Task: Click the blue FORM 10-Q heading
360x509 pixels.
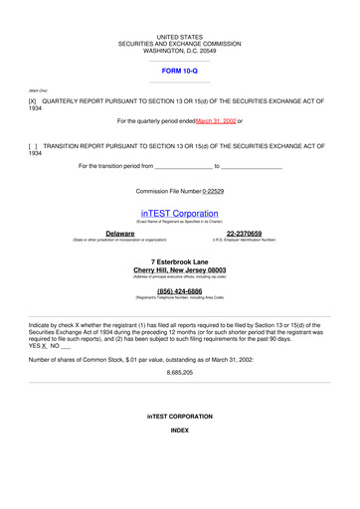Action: pos(180,72)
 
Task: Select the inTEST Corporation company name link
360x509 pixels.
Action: pos(180,213)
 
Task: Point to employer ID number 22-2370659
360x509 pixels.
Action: pos(245,233)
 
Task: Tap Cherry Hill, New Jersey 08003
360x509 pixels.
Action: pos(180,269)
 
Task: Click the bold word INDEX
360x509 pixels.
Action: pos(180,430)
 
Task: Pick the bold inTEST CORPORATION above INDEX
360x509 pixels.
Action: pos(180,416)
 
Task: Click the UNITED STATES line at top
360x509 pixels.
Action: pos(180,36)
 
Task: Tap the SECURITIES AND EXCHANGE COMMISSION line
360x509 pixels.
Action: pos(180,43)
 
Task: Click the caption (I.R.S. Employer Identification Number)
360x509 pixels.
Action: pos(245,240)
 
